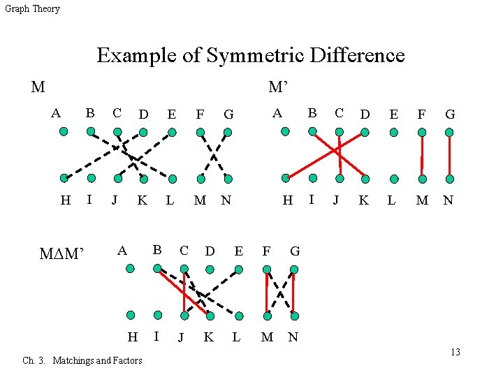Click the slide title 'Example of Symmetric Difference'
(x=250, y=55)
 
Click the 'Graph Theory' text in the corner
(x=32, y=9)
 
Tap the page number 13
(x=455, y=352)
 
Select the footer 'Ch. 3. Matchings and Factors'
(x=82, y=360)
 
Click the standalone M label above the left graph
(x=38, y=87)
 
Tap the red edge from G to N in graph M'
(x=449, y=155)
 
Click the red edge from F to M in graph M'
(x=422, y=155)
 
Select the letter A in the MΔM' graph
(x=122, y=251)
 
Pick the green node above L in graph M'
(x=394, y=178)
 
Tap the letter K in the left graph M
(x=142, y=200)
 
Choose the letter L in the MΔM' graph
(x=236, y=337)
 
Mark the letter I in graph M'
(x=311, y=200)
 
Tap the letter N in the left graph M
(x=226, y=200)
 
